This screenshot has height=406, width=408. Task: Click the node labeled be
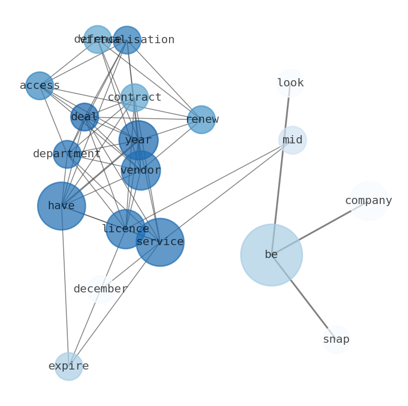[271, 255]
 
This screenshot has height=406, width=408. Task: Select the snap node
[336, 340]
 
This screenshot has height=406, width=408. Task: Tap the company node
[368, 201]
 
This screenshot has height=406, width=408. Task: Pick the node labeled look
[290, 83]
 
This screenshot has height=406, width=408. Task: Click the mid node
[292, 140]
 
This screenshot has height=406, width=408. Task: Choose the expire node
[69, 366]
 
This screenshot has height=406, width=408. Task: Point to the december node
[101, 289]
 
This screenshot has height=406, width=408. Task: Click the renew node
[201, 120]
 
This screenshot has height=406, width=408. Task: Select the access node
[40, 86]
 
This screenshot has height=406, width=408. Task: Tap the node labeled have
[62, 206]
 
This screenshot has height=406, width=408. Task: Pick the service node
[160, 242]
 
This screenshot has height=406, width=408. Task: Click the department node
[67, 154]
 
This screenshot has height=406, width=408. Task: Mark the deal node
[84, 117]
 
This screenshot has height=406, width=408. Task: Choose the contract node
[135, 98]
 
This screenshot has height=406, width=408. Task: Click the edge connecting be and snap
[303, 297]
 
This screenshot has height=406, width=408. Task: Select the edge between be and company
[319, 228]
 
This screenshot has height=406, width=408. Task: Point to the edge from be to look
[281, 170]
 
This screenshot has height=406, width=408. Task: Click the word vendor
[141, 171]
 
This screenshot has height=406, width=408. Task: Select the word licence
[125, 229]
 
